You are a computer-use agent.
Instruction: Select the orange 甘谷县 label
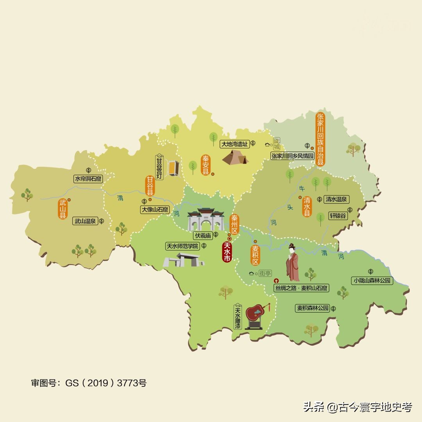tap(150, 186)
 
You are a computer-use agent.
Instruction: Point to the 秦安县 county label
tap(205, 165)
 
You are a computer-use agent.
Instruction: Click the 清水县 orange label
tap(307, 207)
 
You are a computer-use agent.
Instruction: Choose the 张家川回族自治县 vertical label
tap(320, 139)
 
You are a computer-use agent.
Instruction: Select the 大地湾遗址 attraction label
tap(234, 144)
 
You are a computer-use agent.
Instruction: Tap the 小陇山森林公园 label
tap(372, 281)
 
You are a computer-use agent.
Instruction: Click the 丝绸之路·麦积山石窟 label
tap(301, 288)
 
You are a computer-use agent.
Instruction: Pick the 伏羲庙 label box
tap(202, 236)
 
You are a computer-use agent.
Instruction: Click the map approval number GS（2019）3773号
tap(89, 383)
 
